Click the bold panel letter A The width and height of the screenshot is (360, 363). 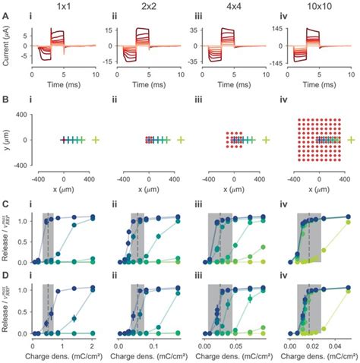click(5, 21)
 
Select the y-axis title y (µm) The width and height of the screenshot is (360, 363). click(7, 140)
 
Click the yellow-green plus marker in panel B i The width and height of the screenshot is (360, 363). click(96, 140)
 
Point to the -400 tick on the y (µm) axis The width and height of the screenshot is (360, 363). click(21, 164)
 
